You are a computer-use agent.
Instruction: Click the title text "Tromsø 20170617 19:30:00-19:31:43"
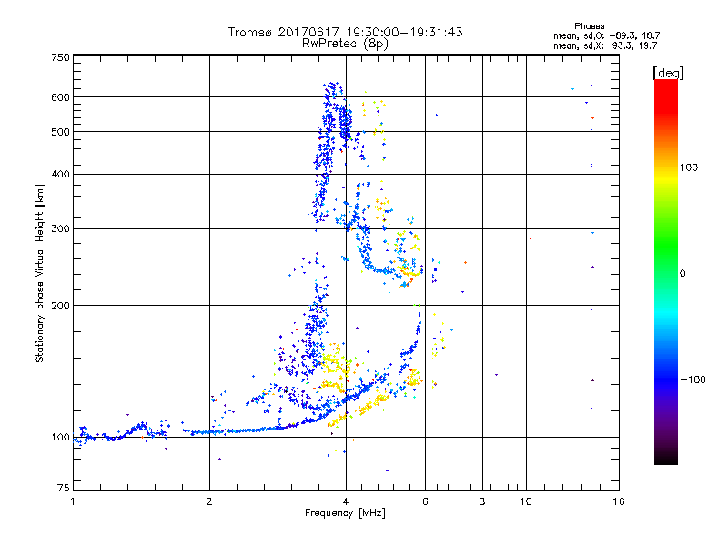(345, 32)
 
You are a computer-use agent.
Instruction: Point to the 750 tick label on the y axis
(61, 57)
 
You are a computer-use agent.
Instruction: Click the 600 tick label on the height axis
(61, 97)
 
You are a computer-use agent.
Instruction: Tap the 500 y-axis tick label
(61, 132)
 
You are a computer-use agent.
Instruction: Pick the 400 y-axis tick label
(61, 175)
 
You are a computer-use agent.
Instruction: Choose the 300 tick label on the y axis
(61, 229)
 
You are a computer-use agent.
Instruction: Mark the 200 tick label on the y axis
(61, 306)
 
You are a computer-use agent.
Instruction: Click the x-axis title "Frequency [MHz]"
(345, 513)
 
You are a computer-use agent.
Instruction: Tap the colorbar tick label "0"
(683, 273)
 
